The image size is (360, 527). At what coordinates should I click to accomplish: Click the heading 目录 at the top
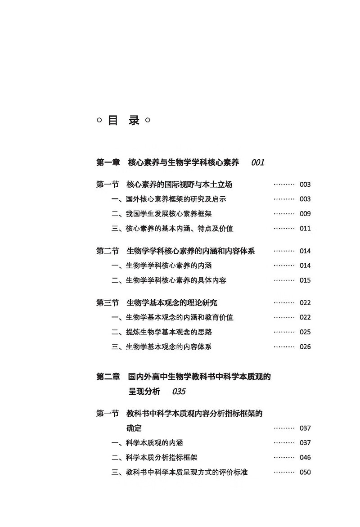click(x=123, y=120)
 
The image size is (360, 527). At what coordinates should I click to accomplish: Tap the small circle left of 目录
click(x=99, y=120)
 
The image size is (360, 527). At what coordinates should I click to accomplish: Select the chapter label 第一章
click(x=108, y=162)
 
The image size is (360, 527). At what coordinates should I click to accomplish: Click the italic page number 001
click(x=258, y=162)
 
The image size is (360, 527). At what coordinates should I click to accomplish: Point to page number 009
click(x=305, y=214)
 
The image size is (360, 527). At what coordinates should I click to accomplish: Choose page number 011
click(x=305, y=229)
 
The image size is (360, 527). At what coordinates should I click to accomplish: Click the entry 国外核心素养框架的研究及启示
click(x=176, y=199)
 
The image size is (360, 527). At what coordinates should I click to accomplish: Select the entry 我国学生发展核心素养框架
click(x=169, y=214)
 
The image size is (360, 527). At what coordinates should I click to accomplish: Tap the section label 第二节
click(x=108, y=251)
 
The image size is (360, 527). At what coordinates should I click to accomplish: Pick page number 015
click(x=305, y=280)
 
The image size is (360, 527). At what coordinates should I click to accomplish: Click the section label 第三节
click(x=108, y=303)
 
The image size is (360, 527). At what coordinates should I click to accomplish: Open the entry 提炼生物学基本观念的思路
click(x=169, y=332)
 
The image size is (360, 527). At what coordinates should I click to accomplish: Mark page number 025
click(x=305, y=332)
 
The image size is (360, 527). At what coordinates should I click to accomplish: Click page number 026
click(x=305, y=347)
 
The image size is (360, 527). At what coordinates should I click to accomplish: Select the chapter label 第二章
click(x=108, y=377)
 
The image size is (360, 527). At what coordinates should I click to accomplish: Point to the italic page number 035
click(x=179, y=392)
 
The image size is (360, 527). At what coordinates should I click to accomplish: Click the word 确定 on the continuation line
click(x=134, y=428)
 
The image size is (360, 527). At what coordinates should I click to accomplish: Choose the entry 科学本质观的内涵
click(x=154, y=443)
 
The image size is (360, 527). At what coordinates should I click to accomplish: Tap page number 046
click(x=305, y=457)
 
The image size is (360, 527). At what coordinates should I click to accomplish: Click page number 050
click(x=305, y=472)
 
